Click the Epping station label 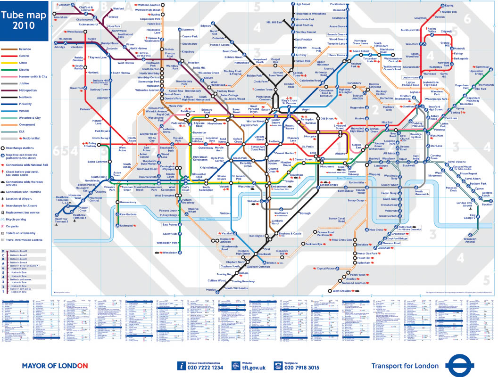[448, 5]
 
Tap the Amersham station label [61, 17]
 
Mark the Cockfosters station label [338, 4]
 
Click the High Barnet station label [303, 4]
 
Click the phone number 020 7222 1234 [205, 368]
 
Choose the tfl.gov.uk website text [255, 368]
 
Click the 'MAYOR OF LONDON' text [55, 366]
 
